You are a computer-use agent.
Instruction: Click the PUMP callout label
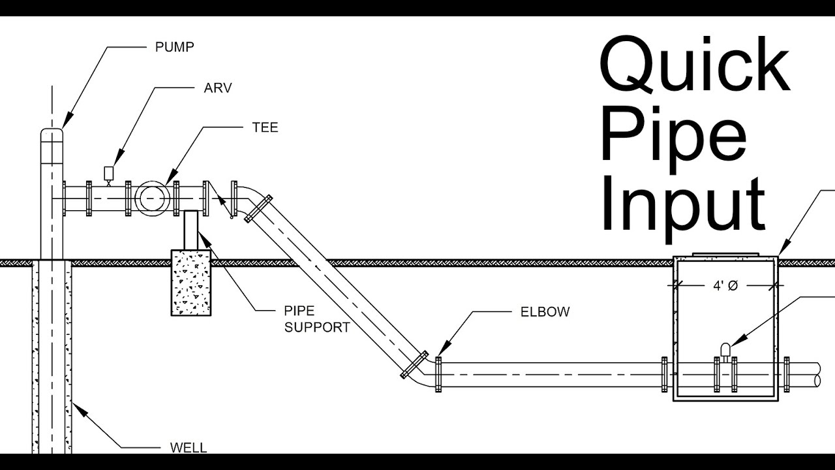tap(174, 47)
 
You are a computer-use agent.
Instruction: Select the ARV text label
tap(218, 87)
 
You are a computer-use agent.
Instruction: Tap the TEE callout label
tap(265, 127)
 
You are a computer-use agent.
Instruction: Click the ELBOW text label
tap(545, 312)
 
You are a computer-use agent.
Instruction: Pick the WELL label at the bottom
tap(188, 448)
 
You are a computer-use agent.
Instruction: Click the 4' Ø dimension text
tap(724, 286)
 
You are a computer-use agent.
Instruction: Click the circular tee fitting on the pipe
tap(151, 198)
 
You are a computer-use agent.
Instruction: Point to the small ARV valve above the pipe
tap(109, 173)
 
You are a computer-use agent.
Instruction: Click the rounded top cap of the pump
tap(52, 134)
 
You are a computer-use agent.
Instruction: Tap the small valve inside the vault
tap(725, 351)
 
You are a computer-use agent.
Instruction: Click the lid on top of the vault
tap(724, 254)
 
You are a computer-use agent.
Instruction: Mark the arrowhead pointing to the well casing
tap(76, 408)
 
